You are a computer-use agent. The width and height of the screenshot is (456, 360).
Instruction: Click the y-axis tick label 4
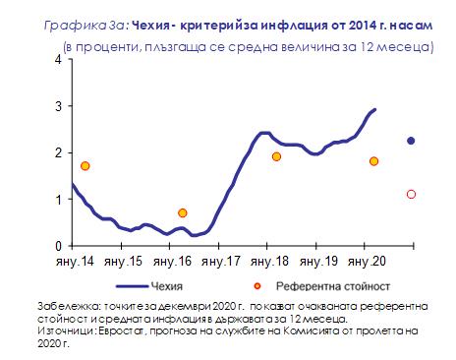pyautogui.click(x=59, y=60)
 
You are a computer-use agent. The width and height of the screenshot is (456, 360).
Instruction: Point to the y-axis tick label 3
pyautogui.click(x=59, y=106)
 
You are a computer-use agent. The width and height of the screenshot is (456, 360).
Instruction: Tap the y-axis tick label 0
pyautogui.click(x=59, y=246)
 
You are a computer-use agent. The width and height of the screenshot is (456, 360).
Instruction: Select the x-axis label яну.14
pyautogui.click(x=75, y=262)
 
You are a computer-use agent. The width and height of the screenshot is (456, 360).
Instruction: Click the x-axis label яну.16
pyautogui.click(x=172, y=262)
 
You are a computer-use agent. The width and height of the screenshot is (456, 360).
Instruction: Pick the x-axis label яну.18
pyautogui.click(x=269, y=262)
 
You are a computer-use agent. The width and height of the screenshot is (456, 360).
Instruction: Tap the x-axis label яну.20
pyautogui.click(x=367, y=262)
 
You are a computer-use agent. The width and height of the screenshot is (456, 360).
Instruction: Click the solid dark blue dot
pyautogui.click(x=411, y=141)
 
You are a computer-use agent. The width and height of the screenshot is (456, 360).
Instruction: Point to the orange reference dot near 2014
pyautogui.click(x=85, y=166)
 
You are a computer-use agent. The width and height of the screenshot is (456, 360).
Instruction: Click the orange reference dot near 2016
pyautogui.click(x=183, y=213)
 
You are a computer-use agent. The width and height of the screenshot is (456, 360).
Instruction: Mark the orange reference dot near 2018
pyautogui.click(x=276, y=156)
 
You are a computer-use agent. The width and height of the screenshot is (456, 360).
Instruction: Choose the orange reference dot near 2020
pyautogui.click(x=373, y=161)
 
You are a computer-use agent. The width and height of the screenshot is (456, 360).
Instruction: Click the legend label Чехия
pyautogui.click(x=167, y=286)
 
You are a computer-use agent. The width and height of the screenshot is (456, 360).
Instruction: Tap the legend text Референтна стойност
pyautogui.click(x=333, y=286)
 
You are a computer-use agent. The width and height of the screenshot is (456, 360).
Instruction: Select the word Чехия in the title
pyautogui.click(x=150, y=26)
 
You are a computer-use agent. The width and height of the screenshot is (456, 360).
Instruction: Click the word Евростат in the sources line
pyautogui.click(x=122, y=330)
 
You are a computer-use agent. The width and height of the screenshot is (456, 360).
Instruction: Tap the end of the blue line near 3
pyautogui.click(x=375, y=109)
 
